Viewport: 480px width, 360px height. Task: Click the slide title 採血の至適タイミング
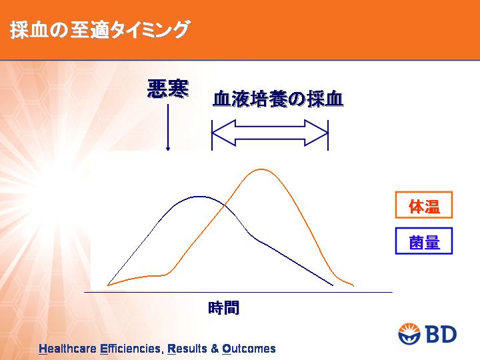[x=100, y=30]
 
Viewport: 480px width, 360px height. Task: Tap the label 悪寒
[x=168, y=89]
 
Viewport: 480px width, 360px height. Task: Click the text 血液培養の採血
[x=278, y=99]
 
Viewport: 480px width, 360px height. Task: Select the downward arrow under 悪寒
[x=168, y=127]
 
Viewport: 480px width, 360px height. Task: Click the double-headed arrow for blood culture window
[x=270, y=133]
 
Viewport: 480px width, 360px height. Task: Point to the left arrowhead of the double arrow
[x=223, y=133]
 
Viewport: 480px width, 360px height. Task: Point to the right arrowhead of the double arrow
[x=317, y=133]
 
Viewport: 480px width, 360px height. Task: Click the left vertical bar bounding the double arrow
[x=212, y=135]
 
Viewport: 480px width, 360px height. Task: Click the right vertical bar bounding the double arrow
[x=328, y=135]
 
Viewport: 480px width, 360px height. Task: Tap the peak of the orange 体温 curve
[x=261, y=169]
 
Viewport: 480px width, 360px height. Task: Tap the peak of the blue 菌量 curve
[x=199, y=197]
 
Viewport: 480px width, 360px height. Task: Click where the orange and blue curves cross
[x=225, y=205]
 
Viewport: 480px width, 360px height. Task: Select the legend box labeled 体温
[x=424, y=205]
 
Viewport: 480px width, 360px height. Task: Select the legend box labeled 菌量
[x=424, y=241]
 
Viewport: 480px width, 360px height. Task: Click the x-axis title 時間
[x=223, y=307]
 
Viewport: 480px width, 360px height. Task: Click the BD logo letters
[x=441, y=334]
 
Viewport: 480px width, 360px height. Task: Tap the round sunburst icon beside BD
[x=410, y=334]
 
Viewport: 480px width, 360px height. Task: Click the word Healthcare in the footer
[x=67, y=349]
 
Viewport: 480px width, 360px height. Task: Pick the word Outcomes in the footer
[x=249, y=349]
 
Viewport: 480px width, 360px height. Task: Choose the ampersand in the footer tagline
[x=215, y=349]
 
